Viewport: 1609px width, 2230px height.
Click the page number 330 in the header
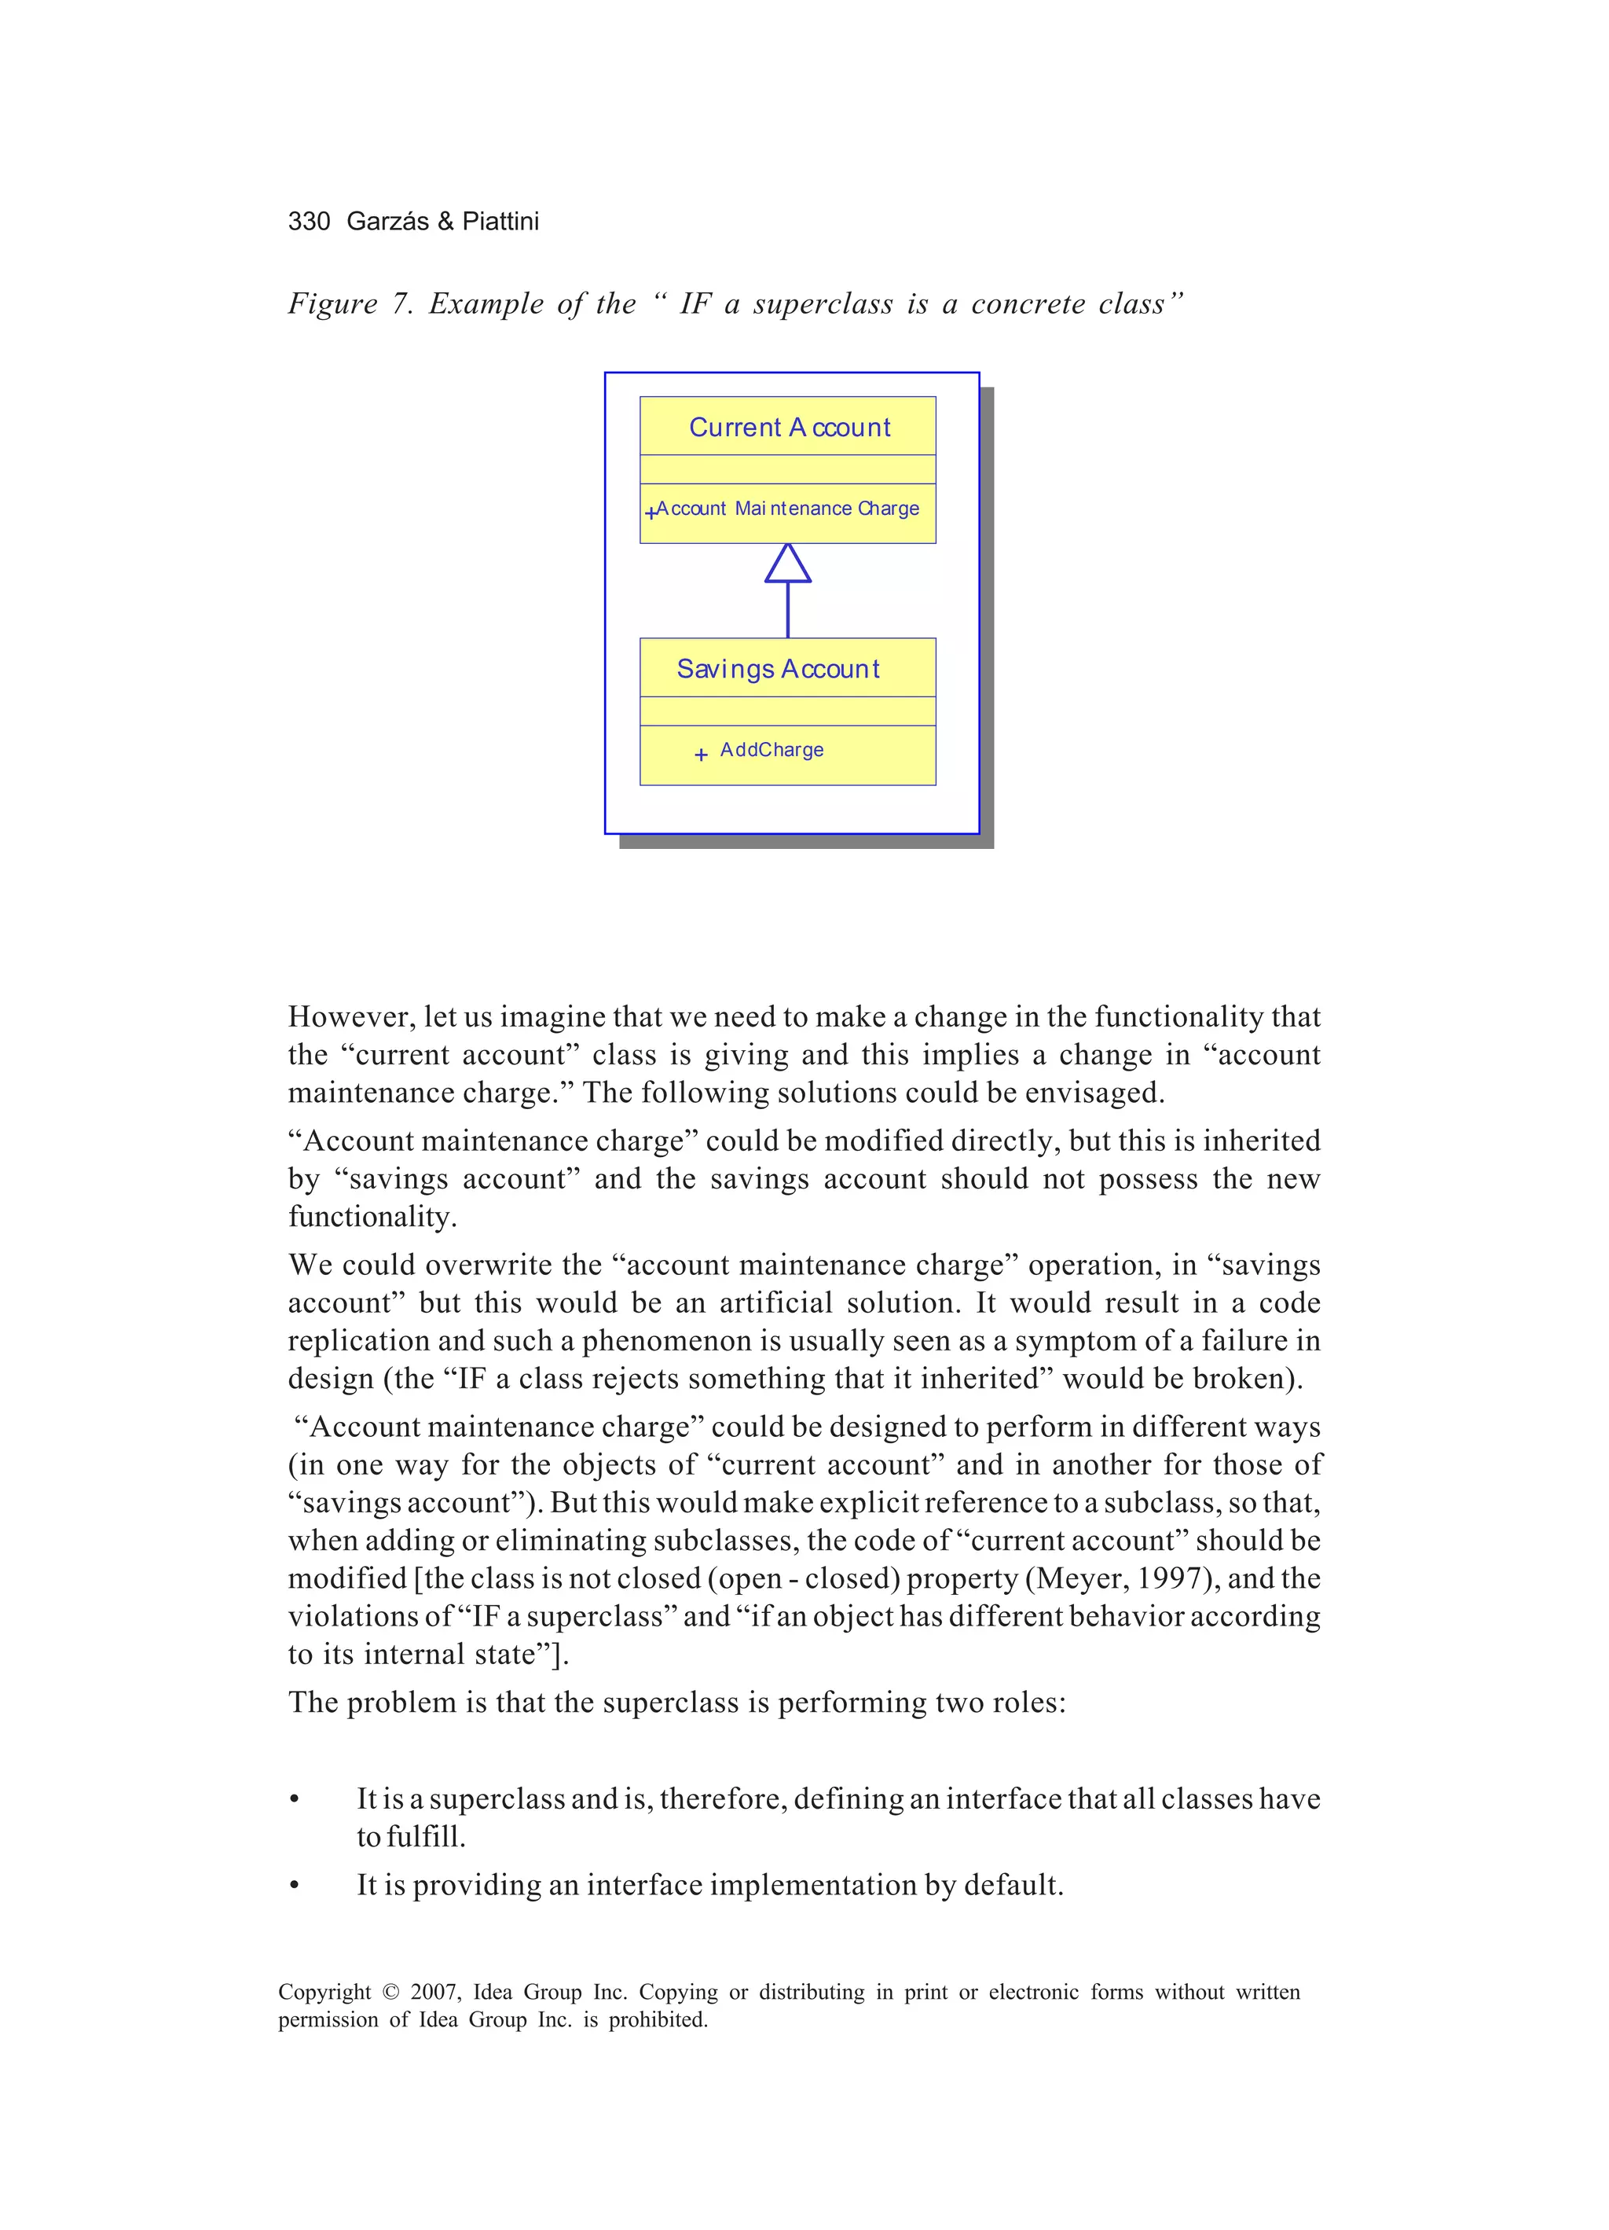click(x=309, y=221)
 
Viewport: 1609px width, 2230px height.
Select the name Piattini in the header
click(x=500, y=221)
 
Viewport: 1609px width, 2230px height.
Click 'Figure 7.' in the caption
click(x=349, y=304)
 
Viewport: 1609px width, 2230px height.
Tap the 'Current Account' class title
click(x=790, y=428)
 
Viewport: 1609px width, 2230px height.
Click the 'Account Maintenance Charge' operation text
click(x=787, y=509)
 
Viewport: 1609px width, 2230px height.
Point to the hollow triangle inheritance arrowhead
click(x=787, y=564)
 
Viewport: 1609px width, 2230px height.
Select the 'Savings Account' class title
click(x=778, y=669)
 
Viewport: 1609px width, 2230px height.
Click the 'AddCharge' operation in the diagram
click(x=772, y=750)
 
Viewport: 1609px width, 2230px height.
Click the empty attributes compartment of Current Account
click(x=787, y=469)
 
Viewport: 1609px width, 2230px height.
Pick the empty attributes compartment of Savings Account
click(x=787, y=711)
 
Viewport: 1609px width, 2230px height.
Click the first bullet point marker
click(x=294, y=1799)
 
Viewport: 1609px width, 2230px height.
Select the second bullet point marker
click(x=294, y=1886)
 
